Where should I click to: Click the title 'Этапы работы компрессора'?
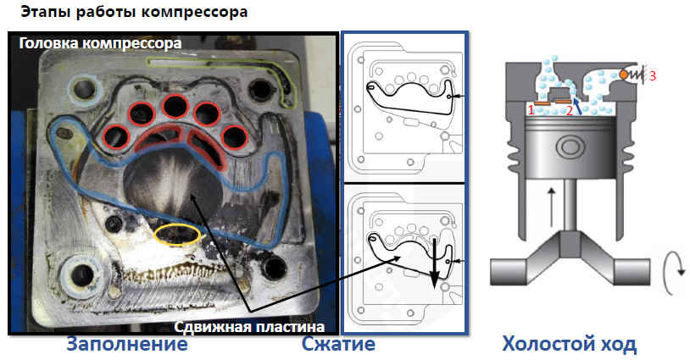click(x=134, y=12)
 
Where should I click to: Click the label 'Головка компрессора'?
click(x=100, y=43)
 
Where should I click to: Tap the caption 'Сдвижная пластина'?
click(x=249, y=327)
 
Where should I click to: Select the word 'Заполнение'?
click(x=127, y=344)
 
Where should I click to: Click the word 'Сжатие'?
click(x=338, y=344)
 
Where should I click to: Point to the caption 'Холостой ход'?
click(x=570, y=344)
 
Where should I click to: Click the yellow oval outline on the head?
click(x=178, y=234)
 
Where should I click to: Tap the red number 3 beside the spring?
click(x=652, y=75)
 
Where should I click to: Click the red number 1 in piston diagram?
click(x=531, y=109)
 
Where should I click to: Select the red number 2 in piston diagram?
click(x=569, y=110)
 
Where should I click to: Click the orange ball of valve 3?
click(x=624, y=75)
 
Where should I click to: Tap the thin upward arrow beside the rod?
click(x=551, y=207)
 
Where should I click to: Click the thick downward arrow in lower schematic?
click(x=434, y=263)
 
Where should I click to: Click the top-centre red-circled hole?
click(x=175, y=107)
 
